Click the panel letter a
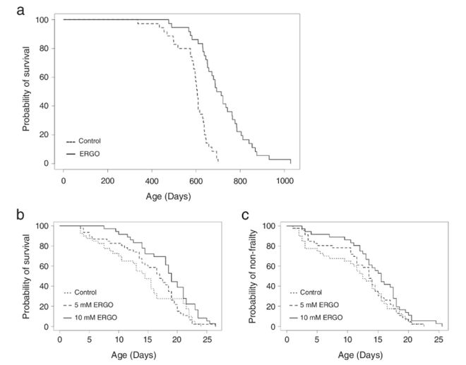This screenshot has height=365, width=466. tap(20, 11)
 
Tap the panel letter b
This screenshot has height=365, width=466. tap(20, 215)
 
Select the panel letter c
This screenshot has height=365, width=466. tap(245, 215)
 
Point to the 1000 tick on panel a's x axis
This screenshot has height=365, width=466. tap(285, 181)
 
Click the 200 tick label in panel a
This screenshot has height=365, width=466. tap(107, 181)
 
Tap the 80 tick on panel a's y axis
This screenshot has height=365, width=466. tap(44, 48)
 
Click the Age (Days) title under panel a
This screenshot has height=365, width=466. tap(168, 196)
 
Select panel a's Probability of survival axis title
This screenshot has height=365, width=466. tap(26, 89)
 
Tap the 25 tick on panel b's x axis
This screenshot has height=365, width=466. tap(206, 340)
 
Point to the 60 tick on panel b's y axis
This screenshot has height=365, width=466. tap(44, 266)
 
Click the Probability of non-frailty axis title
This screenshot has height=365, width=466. tap(252, 276)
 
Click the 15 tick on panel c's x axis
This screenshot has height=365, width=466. tap(378, 340)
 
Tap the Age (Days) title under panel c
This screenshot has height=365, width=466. tap(361, 355)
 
